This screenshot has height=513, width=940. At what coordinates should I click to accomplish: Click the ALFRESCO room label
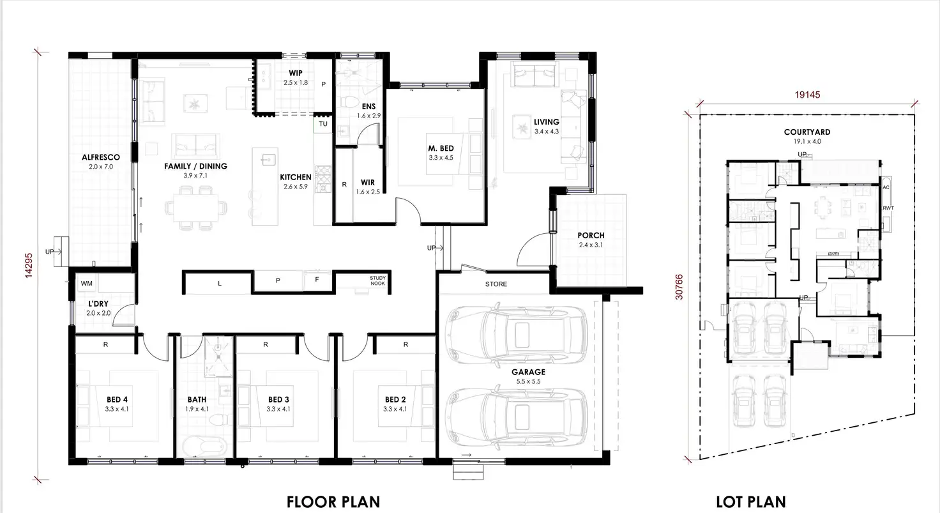tap(100, 157)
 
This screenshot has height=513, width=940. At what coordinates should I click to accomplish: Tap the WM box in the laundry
tap(86, 283)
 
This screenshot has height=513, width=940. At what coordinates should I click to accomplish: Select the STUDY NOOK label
tap(377, 281)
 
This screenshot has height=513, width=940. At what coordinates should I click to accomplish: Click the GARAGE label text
tap(527, 372)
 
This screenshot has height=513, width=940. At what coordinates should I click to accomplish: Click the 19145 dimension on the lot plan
tap(807, 94)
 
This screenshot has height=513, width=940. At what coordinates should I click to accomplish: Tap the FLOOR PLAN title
tap(333, 502)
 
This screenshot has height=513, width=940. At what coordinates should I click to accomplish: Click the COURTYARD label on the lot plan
tap(807, 132)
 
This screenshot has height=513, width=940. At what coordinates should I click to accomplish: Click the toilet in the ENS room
tap(349, 103)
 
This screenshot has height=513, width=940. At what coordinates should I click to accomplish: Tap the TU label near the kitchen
tap(323, 124)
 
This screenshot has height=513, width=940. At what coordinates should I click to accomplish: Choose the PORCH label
tap(591, 236)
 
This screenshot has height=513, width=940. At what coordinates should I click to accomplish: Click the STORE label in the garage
tap(496, 284)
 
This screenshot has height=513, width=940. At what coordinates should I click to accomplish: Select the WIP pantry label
tap(295, 73)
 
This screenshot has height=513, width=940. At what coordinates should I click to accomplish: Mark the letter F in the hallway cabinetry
tap(317, 280)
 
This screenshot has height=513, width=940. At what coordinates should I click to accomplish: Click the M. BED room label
tap(441, 149)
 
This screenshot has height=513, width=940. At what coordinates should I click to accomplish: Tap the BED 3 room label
tap(279, 400)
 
